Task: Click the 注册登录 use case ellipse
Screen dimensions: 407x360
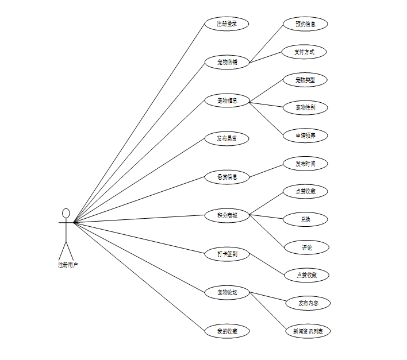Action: point(226,24)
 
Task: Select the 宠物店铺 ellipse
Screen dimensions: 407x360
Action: point(226,62)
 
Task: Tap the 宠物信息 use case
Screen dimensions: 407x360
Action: point(226,101)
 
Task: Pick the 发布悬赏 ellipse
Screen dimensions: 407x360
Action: point(226,139)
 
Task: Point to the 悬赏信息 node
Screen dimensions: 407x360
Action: point(226,177)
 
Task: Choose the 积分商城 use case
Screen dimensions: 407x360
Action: point(226,216)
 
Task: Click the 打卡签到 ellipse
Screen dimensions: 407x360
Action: point(226,254)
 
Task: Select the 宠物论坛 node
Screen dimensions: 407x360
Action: point(226,293)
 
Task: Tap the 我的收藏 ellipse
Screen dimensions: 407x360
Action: point(226,331)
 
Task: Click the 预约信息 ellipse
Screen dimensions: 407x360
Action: point(305,24)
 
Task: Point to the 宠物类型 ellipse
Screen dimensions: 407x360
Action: point(305,80)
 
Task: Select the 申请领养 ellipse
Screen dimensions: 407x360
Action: point(305,136)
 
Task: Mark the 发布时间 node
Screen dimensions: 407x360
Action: point(305,164)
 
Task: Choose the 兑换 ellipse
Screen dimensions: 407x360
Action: point(305,219)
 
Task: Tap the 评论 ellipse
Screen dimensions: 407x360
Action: point(307,247)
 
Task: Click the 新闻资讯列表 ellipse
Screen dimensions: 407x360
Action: point(308,331)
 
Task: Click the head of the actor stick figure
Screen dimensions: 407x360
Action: point(66,214)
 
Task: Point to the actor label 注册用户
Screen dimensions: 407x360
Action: point(67,265)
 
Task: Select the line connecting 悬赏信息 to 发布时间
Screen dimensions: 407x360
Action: point(266,170)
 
